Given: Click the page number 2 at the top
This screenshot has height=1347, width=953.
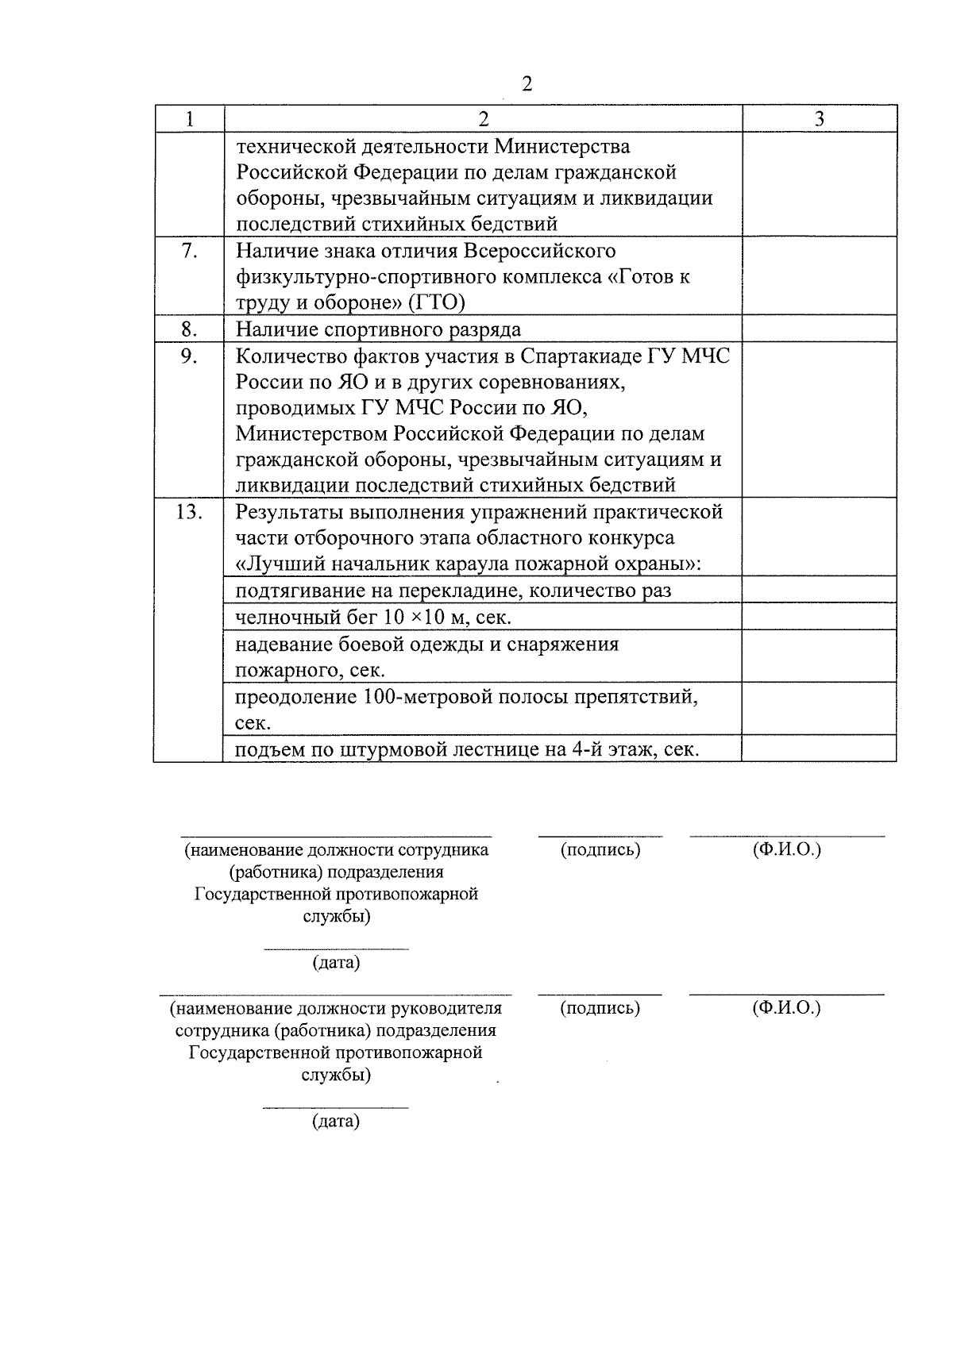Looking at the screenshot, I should coord(526,85).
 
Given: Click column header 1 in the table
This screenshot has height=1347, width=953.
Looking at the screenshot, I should coord(189,119).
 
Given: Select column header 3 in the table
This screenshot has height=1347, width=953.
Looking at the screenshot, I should coord(820,119).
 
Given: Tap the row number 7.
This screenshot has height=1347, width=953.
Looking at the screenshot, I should coord(189,251).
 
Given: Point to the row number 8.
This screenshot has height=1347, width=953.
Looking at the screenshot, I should coord(189,329).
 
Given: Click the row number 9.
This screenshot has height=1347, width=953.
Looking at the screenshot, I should coord(189,356).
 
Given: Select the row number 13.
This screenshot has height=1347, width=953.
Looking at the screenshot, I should coord(189,512).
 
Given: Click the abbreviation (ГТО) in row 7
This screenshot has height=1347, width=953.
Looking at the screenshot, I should coord(436,302).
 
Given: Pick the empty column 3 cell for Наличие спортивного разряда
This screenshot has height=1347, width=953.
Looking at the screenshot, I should coord(820,329).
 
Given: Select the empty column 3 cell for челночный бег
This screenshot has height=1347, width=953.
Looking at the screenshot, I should coord(820,617).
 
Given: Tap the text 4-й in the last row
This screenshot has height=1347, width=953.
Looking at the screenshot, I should coord(587,749).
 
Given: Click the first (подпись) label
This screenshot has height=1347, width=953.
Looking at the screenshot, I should coord(600,850).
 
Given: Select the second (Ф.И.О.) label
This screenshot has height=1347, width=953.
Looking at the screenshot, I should coord(786,1008).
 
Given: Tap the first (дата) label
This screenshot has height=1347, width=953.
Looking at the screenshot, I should coord(336,963).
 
